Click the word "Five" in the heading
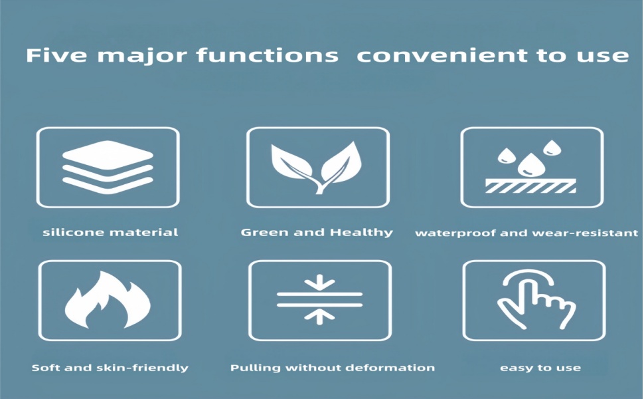[x=56, y=55]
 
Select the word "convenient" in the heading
[x=442, y=55]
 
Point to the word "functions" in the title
[x=267, y=55]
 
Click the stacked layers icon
[x=108, y=167]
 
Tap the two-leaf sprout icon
[x=317, y=168]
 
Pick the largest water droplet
[x=531, y=164]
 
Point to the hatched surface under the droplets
[x=530, y=186]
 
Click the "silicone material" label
[x=110, y=232]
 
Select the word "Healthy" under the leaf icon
[x=361, y=233]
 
